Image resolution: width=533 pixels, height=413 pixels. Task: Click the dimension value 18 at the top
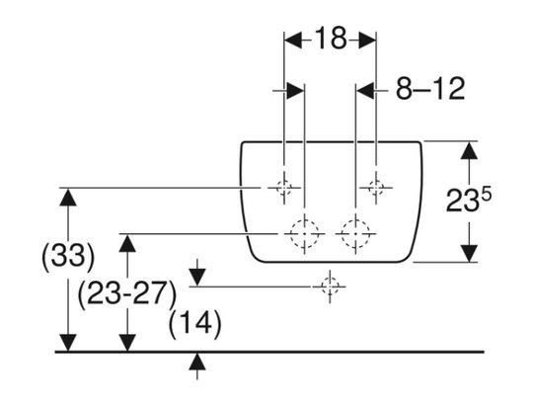pos(331,39)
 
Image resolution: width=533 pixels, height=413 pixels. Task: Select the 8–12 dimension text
pos(430,89)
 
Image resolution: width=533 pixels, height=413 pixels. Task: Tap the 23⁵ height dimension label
pos(469,201)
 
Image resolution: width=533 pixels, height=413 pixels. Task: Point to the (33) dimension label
pos(68,256)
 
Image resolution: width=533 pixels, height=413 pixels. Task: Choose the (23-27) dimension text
pos(127,293)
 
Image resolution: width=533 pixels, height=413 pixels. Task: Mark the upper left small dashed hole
pos(284,188)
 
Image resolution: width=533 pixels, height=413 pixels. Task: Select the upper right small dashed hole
pos(376,188)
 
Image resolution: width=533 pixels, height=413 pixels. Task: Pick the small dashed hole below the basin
pos(330,287)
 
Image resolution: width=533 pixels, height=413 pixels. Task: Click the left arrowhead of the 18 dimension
pos(293,41)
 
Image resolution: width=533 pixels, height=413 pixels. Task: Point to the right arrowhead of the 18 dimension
pos(367,41)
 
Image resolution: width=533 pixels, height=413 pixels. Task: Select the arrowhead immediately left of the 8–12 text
pos(365,91)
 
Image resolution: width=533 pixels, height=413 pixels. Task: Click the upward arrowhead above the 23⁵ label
pos(469,151)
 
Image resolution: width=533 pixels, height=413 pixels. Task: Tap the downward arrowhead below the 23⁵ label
pos(469,254)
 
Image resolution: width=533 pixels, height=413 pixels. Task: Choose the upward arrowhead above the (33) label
pos(68,198)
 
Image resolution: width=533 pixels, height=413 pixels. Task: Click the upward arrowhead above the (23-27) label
pos(127,244)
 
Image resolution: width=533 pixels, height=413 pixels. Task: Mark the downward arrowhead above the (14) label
pos(197,278)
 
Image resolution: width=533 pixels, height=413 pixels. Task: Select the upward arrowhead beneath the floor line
pos(197,362)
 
